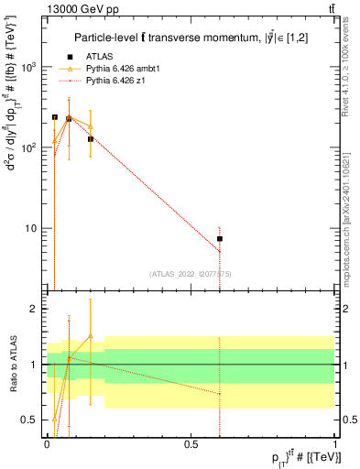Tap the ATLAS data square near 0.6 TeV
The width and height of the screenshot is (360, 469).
(x=220, y=239)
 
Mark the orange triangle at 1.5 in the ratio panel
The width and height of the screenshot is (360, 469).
(x=90, y=336)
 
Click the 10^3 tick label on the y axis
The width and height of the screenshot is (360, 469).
(x=27, y=68)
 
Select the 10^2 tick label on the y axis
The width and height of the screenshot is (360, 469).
(x=27, y=147)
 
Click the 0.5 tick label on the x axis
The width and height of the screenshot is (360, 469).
(x=191, y=443)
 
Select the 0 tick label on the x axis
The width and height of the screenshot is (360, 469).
(x=47, y=443)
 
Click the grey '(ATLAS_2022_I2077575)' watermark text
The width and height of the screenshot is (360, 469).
(x=190, y=273)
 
